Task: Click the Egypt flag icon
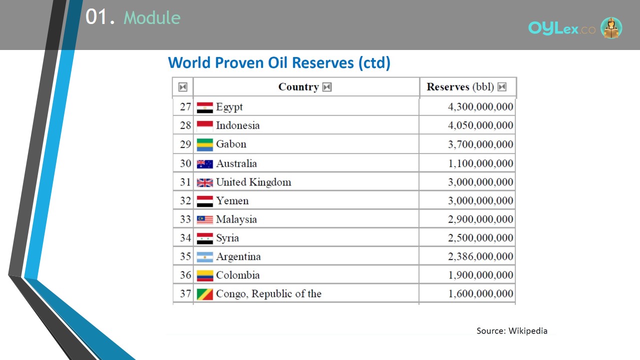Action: pyautogui.click(x=205, y=107)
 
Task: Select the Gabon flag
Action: pyautogui.click(x=205, y=145)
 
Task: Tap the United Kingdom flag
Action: pyautogui.click(x=205, y=182)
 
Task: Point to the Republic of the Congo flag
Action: pyautogui.click(x=205, y=294)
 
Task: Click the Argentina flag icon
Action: pyautogui.click(x=205, y=257)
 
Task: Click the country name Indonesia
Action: pyautogui.click(x=237, y=125)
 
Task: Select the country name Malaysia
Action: pyautogui.click(x=236, y=219)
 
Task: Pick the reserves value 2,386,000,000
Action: pyautogui.click(x=480, y=256)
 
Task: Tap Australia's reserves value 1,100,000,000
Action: pyautogui.click(x=480, y=163)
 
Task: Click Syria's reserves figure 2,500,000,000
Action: pyautogui.click(x=480, y=237)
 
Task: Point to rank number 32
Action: pyautogui.click(x=185, y=200)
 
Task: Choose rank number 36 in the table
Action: pyautogui.click(x=185, y=275)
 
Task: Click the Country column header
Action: pyautogui.click(x=298, y=87)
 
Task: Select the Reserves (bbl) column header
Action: pyautogui.click(x=460, y=87)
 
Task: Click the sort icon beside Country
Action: pyautogui.click(x=327, y=87)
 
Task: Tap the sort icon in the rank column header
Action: pyautogui.click(x=183, y=87)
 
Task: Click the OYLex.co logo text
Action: pyautogui.click(x=561, y=28)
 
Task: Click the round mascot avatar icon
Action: pyautogui.click(x=611, y=27)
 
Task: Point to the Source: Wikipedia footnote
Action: pyautogui.click(x=512, y=331)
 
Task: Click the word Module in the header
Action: pyautogui.click(x=152, y=17)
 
